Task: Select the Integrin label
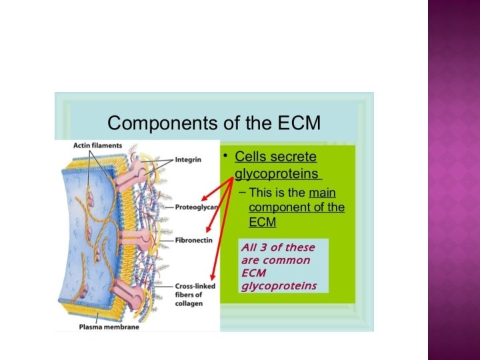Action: (x=189, y=159)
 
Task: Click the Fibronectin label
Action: (x=193, y=238)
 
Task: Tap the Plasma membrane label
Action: (x=103, y=327)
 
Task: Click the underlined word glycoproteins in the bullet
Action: (x=277, y=174)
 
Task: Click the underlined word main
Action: (x=322, y=193)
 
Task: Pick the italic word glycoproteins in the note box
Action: (x=275, y=286)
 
